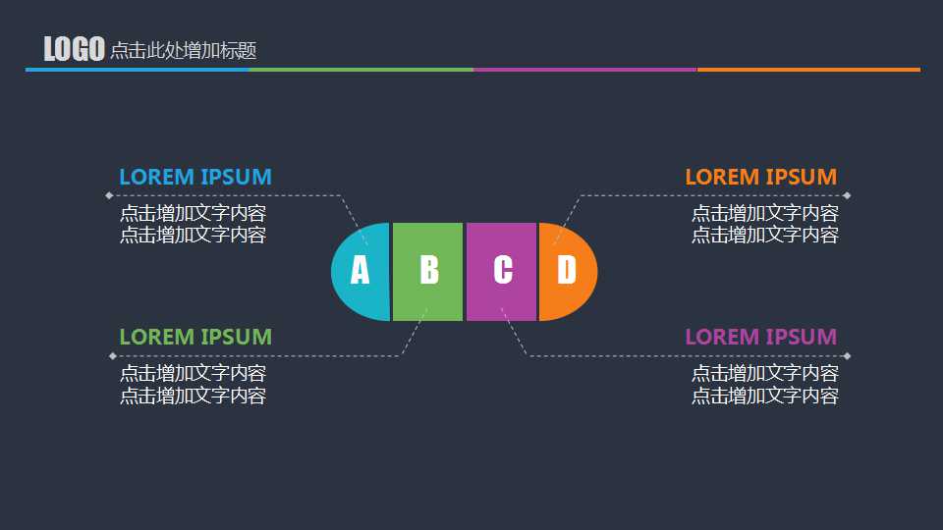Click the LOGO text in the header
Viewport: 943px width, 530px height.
pyautogui.click(x=74, y=49)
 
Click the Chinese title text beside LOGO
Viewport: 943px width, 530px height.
pyautogui.click(x=184, y=50)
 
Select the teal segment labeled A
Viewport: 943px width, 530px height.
pyautogui.click(x=361, y=272)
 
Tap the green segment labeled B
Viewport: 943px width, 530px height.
pyautogui.click(x=427, y=272)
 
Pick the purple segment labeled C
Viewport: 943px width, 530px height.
pyautogui.click(x=501, y=272)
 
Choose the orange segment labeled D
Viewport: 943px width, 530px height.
pyautogui.click(x=568, y=272)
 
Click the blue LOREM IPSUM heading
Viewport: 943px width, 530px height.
pyautogui.click(x=195, y=177)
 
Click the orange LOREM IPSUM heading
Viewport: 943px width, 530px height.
pyautogui.click(x=760, y=177)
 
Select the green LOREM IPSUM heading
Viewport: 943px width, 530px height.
pyautogui.click(x=195, y=337)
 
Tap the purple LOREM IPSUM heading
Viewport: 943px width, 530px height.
pyautogui.click(x=760, y=337)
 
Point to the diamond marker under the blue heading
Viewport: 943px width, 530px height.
pyautogui.click(x=109, y=195)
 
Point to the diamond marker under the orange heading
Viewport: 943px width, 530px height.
pyautogui.click(x=847, y=195)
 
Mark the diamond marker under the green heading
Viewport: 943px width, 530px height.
pyautogui.click(x=112, y=356)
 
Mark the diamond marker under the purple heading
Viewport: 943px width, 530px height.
pyautogui.click(x=847, y=356)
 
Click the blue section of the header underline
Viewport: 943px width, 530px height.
pyautogui.click(x=138, y=70)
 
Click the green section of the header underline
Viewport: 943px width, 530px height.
pyautogui.click(x=361, y=70)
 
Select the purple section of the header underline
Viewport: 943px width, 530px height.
pyautogui.click(x=585, y=70)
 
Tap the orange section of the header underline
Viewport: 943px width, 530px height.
pyautogui.click(x=808, y=70)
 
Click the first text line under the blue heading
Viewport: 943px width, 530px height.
pyautogui.click(x=194, y=213)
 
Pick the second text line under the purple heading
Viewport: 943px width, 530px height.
pyautogui.click(x=765, y=396)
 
